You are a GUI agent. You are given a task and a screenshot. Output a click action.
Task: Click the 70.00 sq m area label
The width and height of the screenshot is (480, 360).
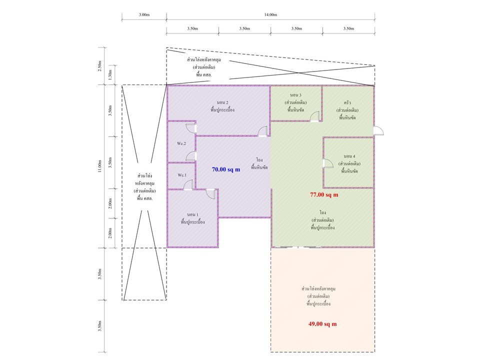(226, 169)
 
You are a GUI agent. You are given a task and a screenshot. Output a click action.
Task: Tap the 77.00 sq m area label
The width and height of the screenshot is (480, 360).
(324, 194)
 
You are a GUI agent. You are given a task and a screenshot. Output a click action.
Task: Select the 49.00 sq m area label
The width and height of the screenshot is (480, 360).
(322, 324)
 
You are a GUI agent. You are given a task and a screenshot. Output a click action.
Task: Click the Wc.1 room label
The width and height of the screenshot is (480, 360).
(182, 175)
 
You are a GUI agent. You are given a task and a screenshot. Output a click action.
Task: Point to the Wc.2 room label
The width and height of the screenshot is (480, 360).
(181, 143)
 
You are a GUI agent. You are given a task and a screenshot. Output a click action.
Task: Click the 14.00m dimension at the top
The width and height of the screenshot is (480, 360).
(270, 14)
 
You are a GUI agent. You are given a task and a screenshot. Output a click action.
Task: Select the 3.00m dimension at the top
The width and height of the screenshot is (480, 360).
(144, 14)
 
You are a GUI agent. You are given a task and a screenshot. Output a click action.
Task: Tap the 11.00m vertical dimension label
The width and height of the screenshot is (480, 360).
(99, 166)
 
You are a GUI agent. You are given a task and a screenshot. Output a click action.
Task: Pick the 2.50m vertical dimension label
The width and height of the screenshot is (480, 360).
(99, 66)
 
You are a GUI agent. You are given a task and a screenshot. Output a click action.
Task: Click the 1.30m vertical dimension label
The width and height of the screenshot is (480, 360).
(110, 74)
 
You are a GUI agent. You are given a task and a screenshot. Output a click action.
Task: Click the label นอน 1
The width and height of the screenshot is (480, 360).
(192, 214)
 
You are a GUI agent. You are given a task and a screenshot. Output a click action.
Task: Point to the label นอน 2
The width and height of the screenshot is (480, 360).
(222, 102)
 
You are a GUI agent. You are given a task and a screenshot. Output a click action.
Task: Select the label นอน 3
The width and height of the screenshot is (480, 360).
(295, 95)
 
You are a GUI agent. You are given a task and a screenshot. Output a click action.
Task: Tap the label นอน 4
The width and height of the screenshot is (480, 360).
(349, 156)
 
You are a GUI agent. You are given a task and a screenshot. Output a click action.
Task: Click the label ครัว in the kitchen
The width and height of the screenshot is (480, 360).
(347, 102)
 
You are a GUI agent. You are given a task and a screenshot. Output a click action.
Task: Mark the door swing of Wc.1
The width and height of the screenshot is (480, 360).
(188, 185)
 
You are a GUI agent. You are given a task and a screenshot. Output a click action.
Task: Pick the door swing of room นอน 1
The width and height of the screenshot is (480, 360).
(211, 194)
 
